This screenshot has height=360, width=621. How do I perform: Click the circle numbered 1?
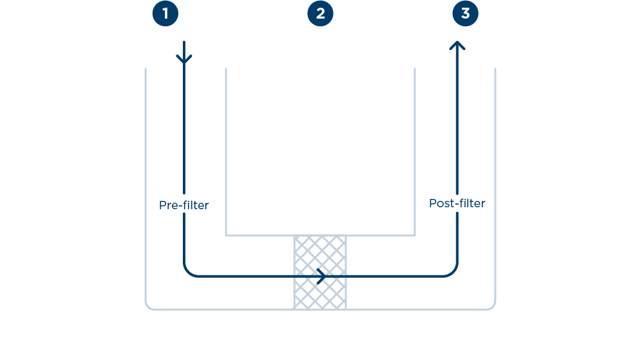point(165,13)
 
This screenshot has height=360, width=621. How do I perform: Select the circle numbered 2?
point(320,13)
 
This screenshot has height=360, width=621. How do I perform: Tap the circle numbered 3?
point(465,13)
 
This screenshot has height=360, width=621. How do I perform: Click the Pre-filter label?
point(184,205)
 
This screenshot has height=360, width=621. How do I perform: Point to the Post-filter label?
point(457,203)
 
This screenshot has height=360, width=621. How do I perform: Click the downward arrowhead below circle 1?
point(184,60)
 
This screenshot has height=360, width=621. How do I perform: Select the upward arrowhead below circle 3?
point(457,46)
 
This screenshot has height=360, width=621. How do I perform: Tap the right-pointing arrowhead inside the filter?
point(321,276)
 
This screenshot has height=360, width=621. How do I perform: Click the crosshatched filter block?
point(319,289)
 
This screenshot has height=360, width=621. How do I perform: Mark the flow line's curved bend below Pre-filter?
point(187,273)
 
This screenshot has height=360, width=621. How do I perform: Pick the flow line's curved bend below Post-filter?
point(454,273)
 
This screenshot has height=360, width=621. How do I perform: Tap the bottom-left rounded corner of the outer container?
point(148,307)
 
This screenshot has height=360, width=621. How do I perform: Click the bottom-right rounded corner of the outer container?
point(493,307)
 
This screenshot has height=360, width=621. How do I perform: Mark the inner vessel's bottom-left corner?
point(226,235)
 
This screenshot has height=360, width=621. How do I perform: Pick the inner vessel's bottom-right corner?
point(414,235)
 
